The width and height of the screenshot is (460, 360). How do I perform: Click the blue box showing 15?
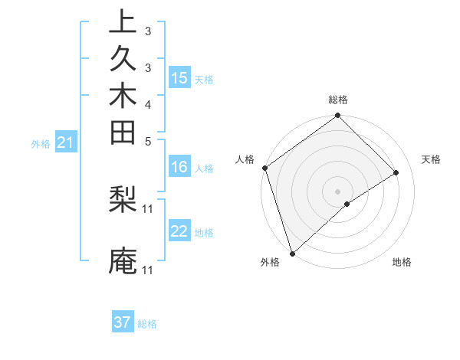(x=179, y=78)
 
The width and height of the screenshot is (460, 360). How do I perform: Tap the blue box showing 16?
(x=179, y=168)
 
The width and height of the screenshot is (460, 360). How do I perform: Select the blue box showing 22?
(x=179, y=231)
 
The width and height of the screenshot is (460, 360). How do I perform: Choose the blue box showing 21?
(x=66, y=142)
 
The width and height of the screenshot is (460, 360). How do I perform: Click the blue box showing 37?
(x=123, y=322)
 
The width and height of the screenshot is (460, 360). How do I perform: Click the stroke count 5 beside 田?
(x=148, y=141)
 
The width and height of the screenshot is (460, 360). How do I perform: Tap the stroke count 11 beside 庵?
(x=148, y=270)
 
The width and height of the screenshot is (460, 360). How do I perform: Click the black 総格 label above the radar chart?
(x=338, y=100)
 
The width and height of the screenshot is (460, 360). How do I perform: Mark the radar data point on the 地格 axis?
(x=347, y=204)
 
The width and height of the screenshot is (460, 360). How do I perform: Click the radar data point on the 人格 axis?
(x=264, y=168)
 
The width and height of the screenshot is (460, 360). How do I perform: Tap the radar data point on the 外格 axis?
(x=292, y=253)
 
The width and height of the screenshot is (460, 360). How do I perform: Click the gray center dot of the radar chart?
(x=338, y=191)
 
